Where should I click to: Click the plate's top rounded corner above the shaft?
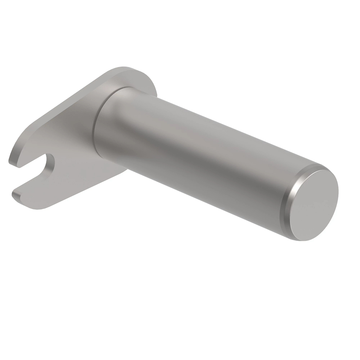[135, 70]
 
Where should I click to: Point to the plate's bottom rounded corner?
[42, 207]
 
